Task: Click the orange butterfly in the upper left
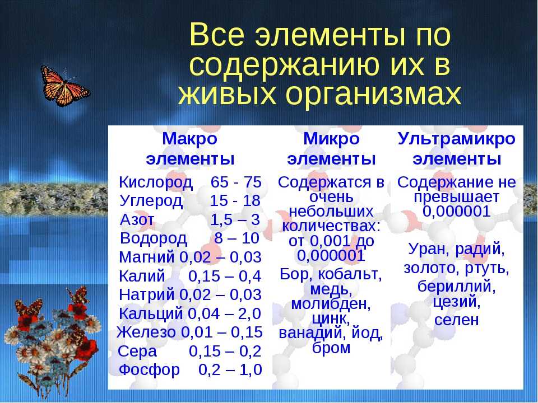point(64,86)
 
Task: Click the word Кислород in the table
point(156,182)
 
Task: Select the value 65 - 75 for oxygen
point(236,182)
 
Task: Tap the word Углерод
point(151,201)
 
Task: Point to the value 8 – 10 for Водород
point(236,238)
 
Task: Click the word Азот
point(137,219)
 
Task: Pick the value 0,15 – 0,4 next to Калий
point(225,276)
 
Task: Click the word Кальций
point(151,314)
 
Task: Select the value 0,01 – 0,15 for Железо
point(222,332)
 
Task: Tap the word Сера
point(137,352)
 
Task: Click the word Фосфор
point(149,370)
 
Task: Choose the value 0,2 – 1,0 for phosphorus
point(230,370)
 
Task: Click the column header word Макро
point(190,139)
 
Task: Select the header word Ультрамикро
point(457,139)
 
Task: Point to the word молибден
point(331,304)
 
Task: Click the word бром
point(331,348)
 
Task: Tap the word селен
point(456,320)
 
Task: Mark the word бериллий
point(457,287)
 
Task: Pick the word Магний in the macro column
point(146,257)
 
